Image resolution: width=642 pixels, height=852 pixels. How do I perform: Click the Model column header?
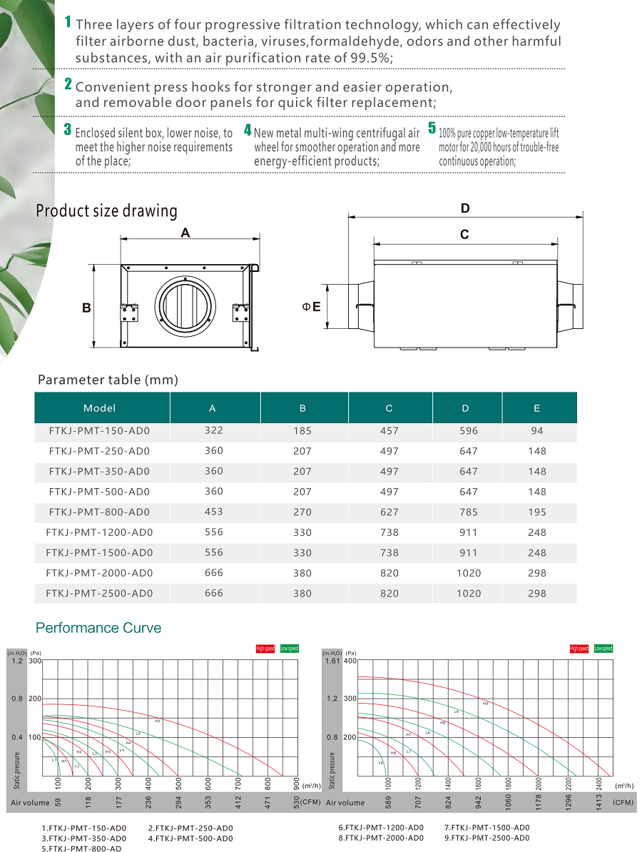coord(99,408)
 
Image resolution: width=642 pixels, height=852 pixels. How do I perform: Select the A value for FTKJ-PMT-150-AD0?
coord(213,430)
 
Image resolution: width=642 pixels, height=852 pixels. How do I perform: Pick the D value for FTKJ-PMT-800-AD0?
coord(469,512)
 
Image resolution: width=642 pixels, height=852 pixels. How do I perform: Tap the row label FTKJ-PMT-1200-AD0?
coord(99,532)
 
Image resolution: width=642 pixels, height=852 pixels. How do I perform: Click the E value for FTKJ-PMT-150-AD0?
coord(537,430)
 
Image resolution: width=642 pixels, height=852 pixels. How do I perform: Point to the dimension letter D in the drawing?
coord(465,208)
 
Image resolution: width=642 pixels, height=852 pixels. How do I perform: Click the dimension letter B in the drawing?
coord(86,308)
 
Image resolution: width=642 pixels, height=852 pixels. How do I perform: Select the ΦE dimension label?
coord(311,307)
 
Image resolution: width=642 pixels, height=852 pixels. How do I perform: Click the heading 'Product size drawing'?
coord(106,211)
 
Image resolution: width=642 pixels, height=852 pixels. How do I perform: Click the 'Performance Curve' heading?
coord(98,628)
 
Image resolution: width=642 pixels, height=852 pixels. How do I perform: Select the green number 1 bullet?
coord(68,22)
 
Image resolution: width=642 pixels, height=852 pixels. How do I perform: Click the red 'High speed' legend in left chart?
coord(265,649)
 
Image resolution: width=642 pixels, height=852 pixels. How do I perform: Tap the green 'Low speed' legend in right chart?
coord(603,649)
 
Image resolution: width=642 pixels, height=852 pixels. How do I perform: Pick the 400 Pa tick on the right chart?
coord(350,661)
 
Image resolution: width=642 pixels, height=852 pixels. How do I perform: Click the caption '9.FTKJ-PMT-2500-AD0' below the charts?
coord(487,838)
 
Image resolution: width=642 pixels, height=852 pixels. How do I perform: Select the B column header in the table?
coord(303,408)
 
